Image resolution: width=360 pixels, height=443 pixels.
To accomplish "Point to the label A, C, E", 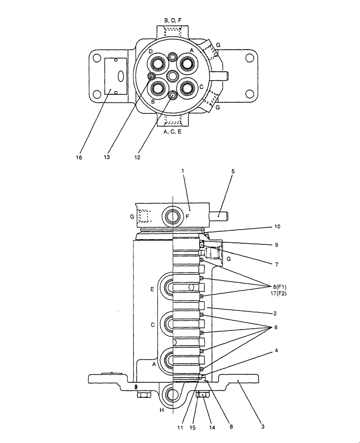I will (x=172, y=132).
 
